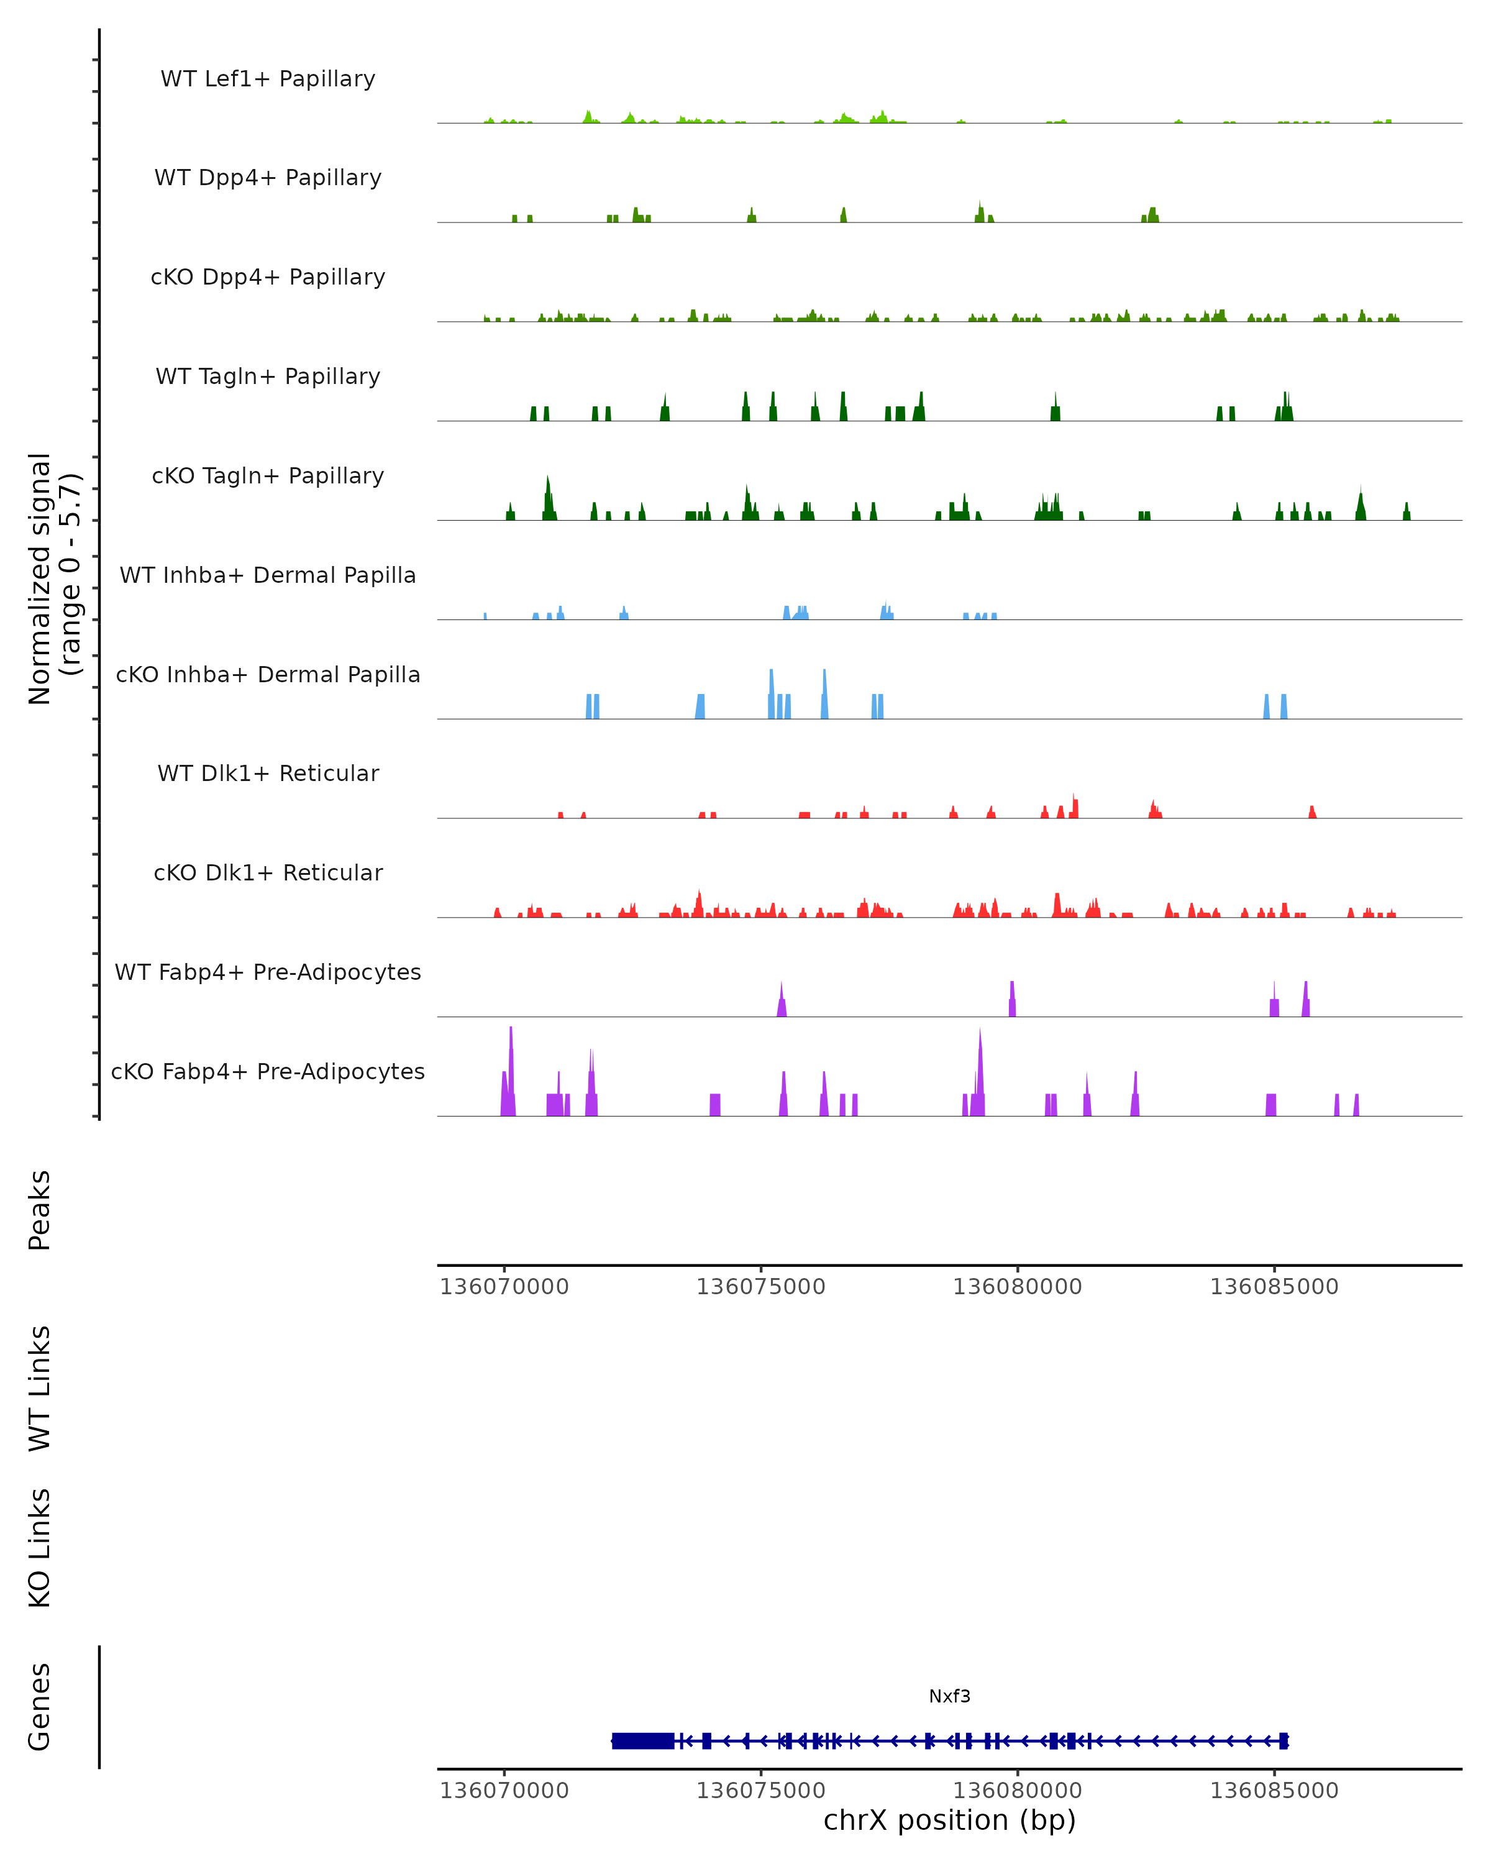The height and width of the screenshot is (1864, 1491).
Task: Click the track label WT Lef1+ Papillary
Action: (268, 79)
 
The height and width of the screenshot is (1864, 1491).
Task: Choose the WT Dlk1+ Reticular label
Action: (268, 773)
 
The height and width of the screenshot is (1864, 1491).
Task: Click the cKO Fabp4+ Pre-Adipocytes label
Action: (268, 1071)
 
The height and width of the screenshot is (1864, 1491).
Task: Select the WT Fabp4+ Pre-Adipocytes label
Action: (268, 972)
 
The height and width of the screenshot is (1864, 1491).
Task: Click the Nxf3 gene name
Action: (949, 1696)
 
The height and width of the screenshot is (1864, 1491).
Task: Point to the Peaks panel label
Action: (40, 1210)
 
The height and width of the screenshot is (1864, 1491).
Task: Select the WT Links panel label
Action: (40, 1387)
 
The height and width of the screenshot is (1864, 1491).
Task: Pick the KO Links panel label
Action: (40, 1548)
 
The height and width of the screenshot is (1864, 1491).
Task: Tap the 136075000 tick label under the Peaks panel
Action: (760, 1287)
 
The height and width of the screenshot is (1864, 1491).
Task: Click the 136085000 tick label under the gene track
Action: (1273, 1791)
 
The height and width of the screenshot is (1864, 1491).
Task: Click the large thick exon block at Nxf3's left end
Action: (642, 1740)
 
